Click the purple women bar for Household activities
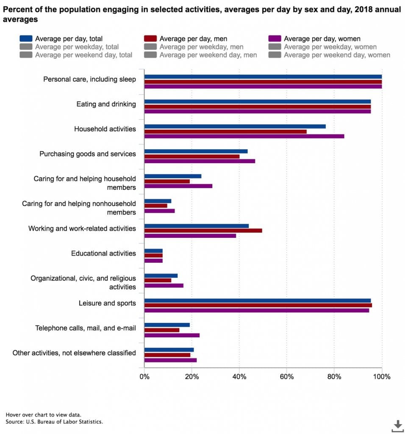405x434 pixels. click(244, 136)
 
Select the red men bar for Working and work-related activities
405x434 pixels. click(203, 231)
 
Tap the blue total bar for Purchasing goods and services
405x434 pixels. click(196, 151)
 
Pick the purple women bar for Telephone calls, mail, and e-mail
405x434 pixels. click(172, 335)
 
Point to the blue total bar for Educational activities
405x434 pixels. click(153, 251)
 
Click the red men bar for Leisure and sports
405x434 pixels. click(258, 305)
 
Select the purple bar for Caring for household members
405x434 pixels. click(178, 186)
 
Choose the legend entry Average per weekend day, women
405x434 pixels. click(337, 55)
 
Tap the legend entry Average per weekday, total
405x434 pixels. click(77, 47)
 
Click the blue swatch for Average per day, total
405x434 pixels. click(26, 39)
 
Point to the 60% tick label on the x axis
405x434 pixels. click(287, 377)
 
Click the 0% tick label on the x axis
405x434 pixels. click(144, 377)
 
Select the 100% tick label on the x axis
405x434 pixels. click(382, 377)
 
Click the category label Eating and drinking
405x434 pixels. click(106, 104)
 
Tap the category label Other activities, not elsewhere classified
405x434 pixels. click(74, 353)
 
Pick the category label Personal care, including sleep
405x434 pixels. click(89, 79)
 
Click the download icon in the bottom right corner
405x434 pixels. click(397, 425)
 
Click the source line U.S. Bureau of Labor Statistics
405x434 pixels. click(54, 422)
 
